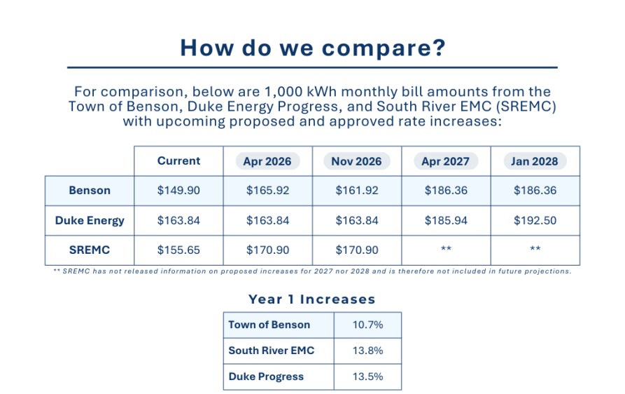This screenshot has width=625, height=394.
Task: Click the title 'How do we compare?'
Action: click(311, 48)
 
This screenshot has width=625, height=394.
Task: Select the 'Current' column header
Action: click(178, 161)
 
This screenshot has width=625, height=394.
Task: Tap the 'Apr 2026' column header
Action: click(268, 161)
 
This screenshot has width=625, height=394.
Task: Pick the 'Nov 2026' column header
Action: click(357, 161)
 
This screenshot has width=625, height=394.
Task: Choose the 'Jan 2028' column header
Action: click(535, 161)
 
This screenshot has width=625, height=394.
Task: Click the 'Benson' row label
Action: click(90, 191)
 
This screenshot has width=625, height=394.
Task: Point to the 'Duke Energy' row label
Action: click(90, 221)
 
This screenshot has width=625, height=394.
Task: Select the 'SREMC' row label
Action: click(90, 250)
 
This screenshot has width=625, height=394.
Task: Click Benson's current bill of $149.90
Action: click(178, 191)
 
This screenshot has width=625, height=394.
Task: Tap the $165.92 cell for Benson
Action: click(268, 191)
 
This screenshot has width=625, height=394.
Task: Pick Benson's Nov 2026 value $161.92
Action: click(357, 191)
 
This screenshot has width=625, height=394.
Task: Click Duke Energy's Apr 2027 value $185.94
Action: click(446, 221)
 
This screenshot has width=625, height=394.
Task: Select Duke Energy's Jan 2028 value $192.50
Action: click(535, 221)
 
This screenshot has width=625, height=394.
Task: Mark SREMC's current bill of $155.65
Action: click(178, 250)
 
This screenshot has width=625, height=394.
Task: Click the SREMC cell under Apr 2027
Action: click(446, 250)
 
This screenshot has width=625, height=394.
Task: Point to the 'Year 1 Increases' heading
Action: click(311, 299)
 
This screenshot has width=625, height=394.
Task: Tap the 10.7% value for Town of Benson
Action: click(367, 325)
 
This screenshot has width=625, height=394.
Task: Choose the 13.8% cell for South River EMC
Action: click(367, 351)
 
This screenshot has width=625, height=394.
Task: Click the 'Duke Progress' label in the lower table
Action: click(266, 376)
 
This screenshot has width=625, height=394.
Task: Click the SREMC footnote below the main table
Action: click(312, 271)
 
